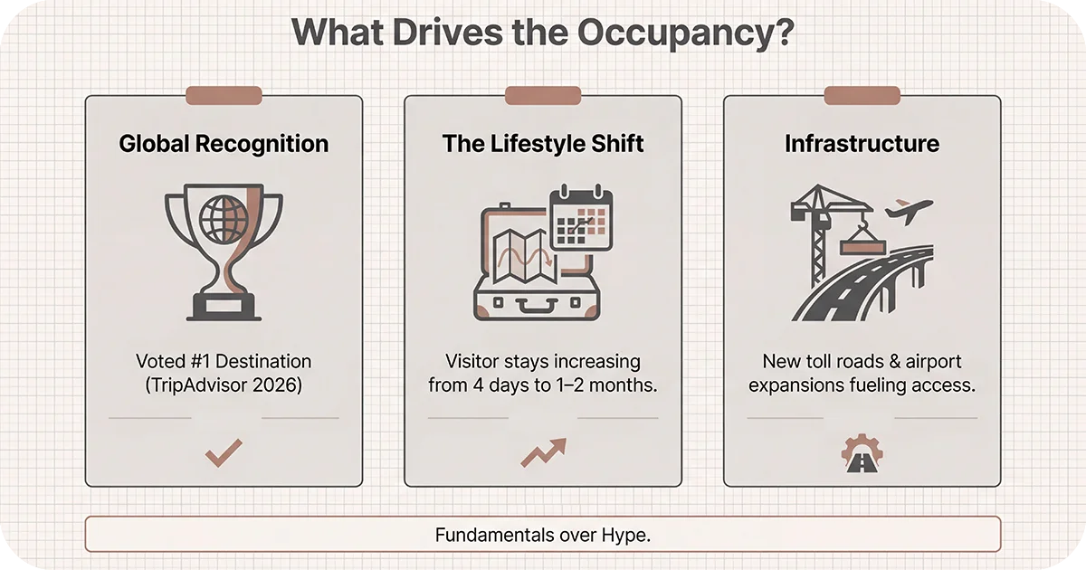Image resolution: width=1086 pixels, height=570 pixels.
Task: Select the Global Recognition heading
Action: (x=224, y=143)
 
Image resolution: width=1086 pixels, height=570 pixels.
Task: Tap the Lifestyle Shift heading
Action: (x=543, y=143)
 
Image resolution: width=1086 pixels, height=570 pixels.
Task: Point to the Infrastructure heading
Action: (x=862, y=143)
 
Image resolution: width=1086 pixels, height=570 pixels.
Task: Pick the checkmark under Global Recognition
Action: (x=223, y=452)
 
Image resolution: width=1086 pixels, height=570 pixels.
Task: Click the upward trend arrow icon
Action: (x=543, y=451)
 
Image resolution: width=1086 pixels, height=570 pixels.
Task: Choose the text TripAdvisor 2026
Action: (x=224, y=384)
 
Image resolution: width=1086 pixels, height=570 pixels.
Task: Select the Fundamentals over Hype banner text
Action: (x=543, y=534)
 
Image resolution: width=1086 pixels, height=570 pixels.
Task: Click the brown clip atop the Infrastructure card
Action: (x=862, y=95)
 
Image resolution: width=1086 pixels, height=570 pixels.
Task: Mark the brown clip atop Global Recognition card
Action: (x=224, y=95)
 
